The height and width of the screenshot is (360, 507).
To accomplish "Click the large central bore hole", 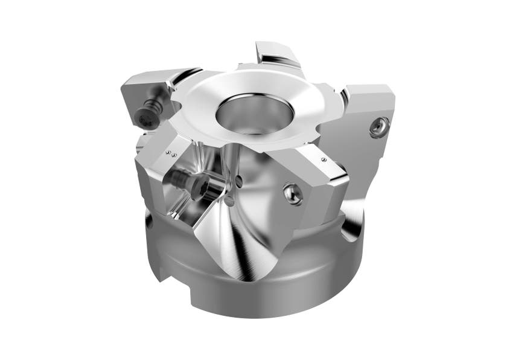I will (x=255, y=114).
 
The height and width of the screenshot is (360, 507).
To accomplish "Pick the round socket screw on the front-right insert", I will (x=293, y=193).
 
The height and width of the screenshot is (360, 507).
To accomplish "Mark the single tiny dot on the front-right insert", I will (x=324, y=159).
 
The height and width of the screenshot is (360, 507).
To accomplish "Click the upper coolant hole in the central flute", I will (x=240, y=179).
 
